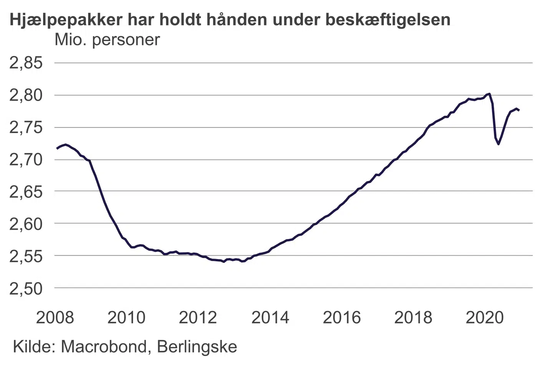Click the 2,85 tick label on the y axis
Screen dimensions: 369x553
(26, 63)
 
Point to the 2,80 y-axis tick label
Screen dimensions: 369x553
(26, 95)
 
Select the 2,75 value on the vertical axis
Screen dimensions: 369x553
(26, 128)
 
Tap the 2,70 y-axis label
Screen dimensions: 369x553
(26, 160)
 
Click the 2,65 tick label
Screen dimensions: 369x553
(26, 191)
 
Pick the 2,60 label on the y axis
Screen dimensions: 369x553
(26, 224)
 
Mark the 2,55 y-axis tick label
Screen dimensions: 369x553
(26, 256)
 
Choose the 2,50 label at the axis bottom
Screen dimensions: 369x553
(26, 288)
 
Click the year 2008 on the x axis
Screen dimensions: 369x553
(55, 317)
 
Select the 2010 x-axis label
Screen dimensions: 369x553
(126, 317)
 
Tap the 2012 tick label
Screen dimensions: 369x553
(198, 317)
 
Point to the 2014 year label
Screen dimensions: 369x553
(270, 317)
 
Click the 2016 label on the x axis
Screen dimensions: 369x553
(342, 317)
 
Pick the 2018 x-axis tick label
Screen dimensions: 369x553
(413, 317)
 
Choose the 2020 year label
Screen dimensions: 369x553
(485, 317)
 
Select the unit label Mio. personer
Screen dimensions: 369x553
(107, 40)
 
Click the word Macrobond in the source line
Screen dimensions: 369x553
(103, 347)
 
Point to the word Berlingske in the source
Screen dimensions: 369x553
(197, 347)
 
